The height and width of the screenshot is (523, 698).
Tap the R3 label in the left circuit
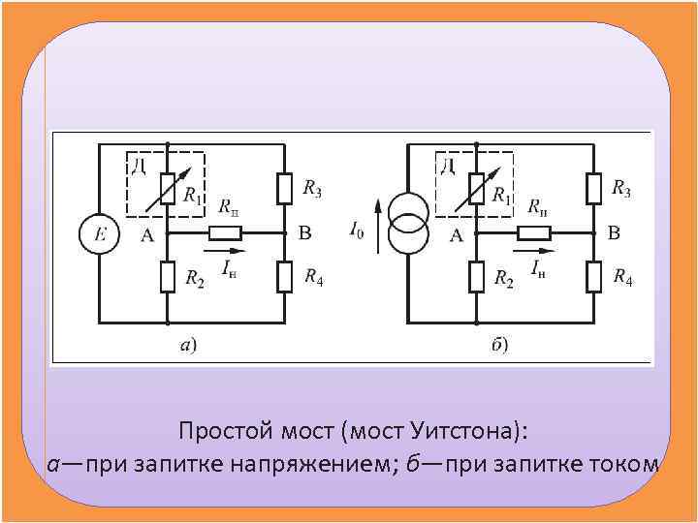(x=312, y=189)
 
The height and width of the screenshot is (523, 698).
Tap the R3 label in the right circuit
(x=621, y=189)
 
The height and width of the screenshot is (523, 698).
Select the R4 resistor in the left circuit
(x=284, y=277)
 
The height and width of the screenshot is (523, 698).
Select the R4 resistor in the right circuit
(x=593, y=277)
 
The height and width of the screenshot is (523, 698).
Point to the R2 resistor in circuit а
(x=168, y=278)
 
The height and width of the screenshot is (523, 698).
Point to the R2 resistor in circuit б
(x=477, y=278)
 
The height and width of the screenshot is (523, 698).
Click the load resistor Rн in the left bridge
(x=226, y=233)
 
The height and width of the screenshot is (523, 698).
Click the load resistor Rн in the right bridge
(x=534, y=232)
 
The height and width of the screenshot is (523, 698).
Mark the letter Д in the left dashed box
(x=138, y=166)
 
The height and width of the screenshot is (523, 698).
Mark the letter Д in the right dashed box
(x=447, y=166)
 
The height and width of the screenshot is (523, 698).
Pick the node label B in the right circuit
(x=613, y=232)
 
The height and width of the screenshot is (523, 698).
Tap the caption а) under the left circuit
(x=188, y=344)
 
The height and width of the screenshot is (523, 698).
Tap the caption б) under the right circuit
(x=498, y=344)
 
